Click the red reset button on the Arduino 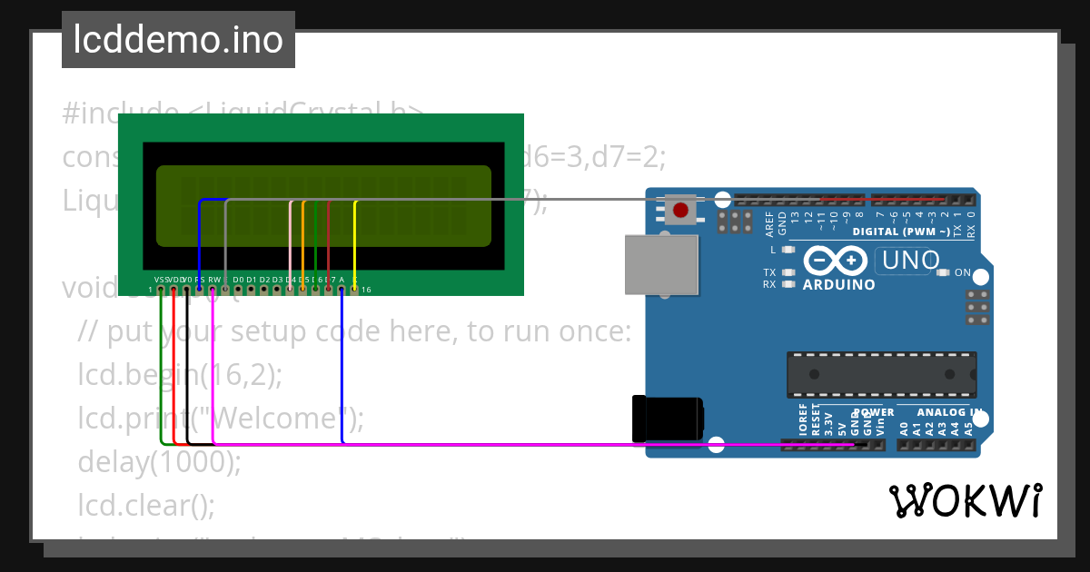(x=681, y=211)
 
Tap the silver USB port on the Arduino (x=662, y=265)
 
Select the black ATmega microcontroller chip (x=881, y=374)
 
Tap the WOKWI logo (x=965, y=500)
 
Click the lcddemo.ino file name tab (x=178, y=40)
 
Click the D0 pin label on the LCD (x=238, y=279)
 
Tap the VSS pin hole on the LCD (x=161, y=290)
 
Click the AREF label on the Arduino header (x=769, y=221)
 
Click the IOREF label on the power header (x=802, y=420)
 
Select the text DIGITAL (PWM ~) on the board (x=901, y=232)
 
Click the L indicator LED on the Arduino (x=788, y=249)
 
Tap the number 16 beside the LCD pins (x=366, y=290)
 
